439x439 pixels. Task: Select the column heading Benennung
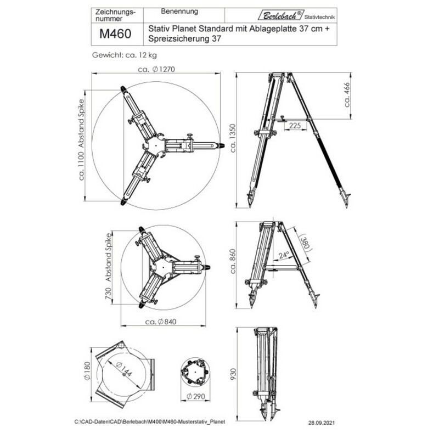180,11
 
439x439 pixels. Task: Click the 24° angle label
284,255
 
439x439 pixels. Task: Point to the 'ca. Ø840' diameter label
164,322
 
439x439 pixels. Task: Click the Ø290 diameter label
196,396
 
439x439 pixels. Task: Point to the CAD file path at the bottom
149,423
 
